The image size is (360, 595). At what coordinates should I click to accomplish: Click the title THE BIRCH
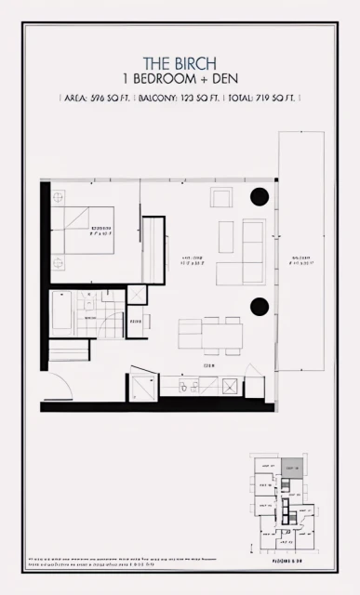click(x=181, y=63)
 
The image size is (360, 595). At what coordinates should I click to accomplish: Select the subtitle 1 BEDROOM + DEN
click(x=181, y=79)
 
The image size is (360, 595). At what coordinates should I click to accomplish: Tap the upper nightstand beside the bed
click(x=58, y=197)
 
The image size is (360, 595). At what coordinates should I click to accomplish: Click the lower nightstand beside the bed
click(x=58, y=261)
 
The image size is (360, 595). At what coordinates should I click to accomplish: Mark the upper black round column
click(x=260, y=197)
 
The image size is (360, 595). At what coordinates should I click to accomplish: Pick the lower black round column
click(x=260, y=307)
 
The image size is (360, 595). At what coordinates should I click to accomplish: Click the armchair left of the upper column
click(x=221, y=197)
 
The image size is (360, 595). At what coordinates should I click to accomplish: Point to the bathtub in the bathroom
click(x=61, y=313)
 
